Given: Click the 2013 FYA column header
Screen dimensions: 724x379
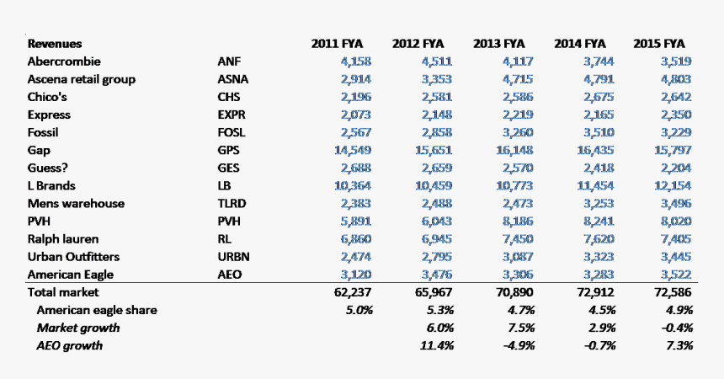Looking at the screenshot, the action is (498, 44).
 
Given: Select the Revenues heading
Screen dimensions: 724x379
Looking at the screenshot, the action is (55, 44).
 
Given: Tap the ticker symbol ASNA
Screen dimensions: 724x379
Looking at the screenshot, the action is (232, 79).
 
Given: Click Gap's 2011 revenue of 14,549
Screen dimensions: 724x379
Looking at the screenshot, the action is (353, 150).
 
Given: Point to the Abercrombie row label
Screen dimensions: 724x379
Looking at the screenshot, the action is (64, 61).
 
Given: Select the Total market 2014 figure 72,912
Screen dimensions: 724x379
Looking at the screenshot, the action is (595, 292).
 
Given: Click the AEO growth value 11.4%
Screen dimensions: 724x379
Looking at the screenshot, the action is (436, 345).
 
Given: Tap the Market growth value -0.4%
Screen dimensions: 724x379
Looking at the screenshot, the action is (677, 328).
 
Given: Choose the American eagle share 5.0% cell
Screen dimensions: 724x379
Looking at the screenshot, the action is (359, 310).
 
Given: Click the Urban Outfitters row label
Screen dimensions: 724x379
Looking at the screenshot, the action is (73, 257).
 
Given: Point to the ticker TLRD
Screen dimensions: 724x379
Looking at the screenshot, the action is (232, 204).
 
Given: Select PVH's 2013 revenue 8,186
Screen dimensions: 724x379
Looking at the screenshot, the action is (517, 222).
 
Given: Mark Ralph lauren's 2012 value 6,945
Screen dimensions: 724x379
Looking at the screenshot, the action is (437, 239).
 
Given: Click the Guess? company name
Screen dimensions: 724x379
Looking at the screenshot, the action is (47, 168).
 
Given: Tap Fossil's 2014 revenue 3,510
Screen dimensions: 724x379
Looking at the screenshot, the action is (599, 133).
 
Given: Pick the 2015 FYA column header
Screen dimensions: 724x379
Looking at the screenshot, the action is (659, 44).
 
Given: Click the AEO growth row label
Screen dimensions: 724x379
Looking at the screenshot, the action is (69, 345).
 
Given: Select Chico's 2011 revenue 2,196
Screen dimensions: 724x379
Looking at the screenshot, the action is (356, 97).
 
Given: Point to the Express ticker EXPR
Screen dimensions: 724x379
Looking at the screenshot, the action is (232, 115).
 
